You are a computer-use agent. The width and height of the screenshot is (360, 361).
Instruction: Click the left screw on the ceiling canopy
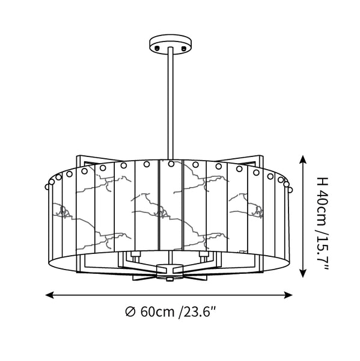pos(157,48)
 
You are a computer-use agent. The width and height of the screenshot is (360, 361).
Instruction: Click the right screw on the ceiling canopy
pos(183,48)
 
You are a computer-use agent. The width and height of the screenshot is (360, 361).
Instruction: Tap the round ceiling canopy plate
pos(171,44)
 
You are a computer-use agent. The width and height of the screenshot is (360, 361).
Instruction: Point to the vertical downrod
pos(171,103)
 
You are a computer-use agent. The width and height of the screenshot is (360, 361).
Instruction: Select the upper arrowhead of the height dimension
pos(303,159)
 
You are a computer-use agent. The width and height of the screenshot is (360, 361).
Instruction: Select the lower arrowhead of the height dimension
pos(303,273)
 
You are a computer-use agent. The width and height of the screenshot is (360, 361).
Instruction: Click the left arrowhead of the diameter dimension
pos(49,295)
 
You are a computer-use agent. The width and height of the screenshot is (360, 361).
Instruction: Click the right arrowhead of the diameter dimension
pos(288,295)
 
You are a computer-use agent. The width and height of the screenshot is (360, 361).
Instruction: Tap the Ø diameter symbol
pos(130,312)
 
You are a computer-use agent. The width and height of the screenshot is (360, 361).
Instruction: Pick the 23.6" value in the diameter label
pos(199,312)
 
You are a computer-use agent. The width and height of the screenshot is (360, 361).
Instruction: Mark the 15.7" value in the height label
pos(322,254)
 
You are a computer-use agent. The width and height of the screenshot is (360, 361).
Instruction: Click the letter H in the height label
pos(322,182)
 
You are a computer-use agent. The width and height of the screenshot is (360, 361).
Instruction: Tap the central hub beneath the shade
pos(169,272)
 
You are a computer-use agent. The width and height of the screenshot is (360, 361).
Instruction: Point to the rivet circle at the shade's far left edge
pos(47,187)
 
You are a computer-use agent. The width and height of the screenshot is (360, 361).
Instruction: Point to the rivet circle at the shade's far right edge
pos(290,190)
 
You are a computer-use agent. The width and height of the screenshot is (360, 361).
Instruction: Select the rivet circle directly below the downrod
pos(171,164)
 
